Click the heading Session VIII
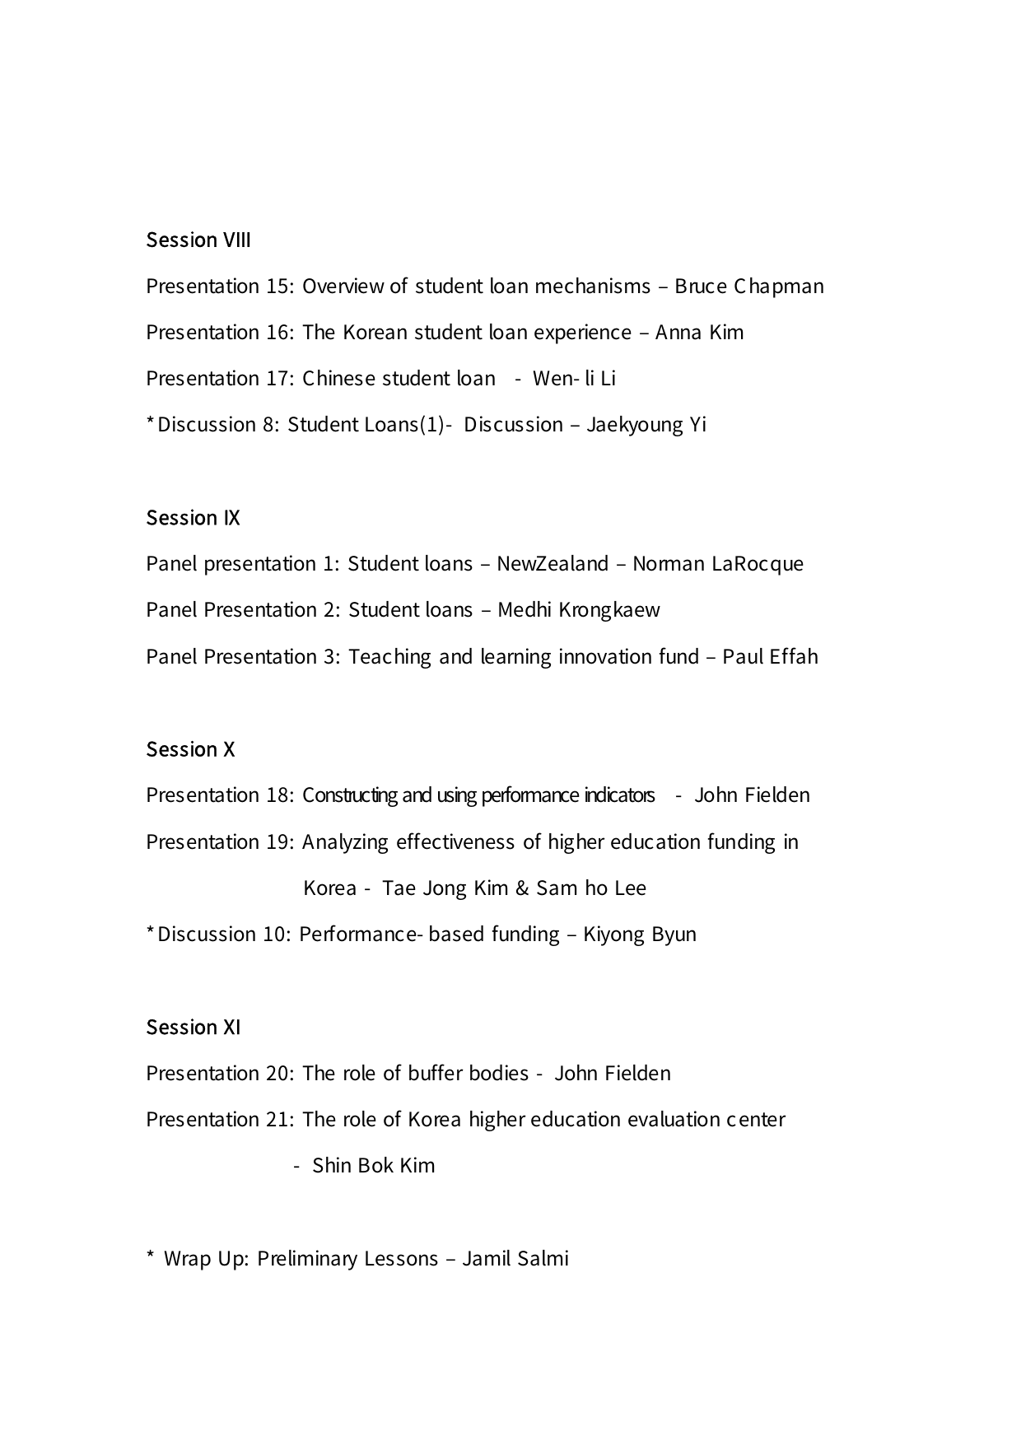click(x=198, y=240)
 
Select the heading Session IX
click(x=193, y=518)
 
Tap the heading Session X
click(x=190, y=749)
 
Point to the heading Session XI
click(x=193, y=1028)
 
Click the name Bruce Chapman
click(x=748, y=287)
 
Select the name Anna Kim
click(x=699, y=333)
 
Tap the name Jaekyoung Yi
click(x=646, y=425)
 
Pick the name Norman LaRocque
click(x=717, y=564)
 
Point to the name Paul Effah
click(x=770, y=657)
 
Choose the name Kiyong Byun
click(x=639, y=935)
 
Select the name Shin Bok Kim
click(x=373, y=1166)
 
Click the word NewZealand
click(x=552, y=564)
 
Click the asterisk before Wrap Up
click(x=150, y=1256)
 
